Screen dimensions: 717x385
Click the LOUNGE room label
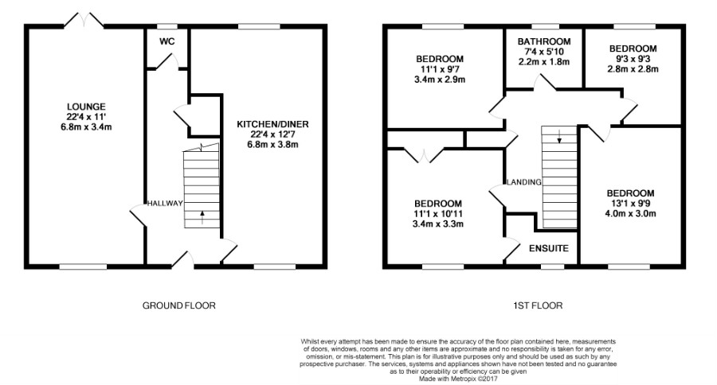click(x=86, y=107)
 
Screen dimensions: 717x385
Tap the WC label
click(x=167, y=41)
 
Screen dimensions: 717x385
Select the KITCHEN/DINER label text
click(x=272, y=124)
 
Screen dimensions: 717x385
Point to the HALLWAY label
click(x=165, y=204)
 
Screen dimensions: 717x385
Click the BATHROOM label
click(x=544, y=41)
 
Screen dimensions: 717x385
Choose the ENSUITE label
click(x=549, y=248)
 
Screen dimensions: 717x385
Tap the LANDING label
click(x=524, y=182)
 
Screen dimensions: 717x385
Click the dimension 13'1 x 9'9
click(x=631, y=203)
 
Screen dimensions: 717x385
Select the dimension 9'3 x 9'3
click(x=633, y=59)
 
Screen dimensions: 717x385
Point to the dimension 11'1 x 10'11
click(x=438, y=214)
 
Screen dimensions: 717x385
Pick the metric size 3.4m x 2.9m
click(x=439, y=80)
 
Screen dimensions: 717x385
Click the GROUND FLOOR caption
click(x=178, y=305)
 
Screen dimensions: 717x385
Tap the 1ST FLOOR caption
click(x=538, y=305)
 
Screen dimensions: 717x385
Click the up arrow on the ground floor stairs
click(x=202, y=217)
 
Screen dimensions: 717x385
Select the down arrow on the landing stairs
click(x=558, y=137)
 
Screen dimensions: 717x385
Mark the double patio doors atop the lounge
click(x=83, y=21)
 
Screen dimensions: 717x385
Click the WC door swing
click(x=167, y=62)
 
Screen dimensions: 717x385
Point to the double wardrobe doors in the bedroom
click(x=424, y=155)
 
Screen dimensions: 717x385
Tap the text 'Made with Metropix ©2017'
click(x=459, y=379)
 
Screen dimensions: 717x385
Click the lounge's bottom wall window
click(x=83, y=266)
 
